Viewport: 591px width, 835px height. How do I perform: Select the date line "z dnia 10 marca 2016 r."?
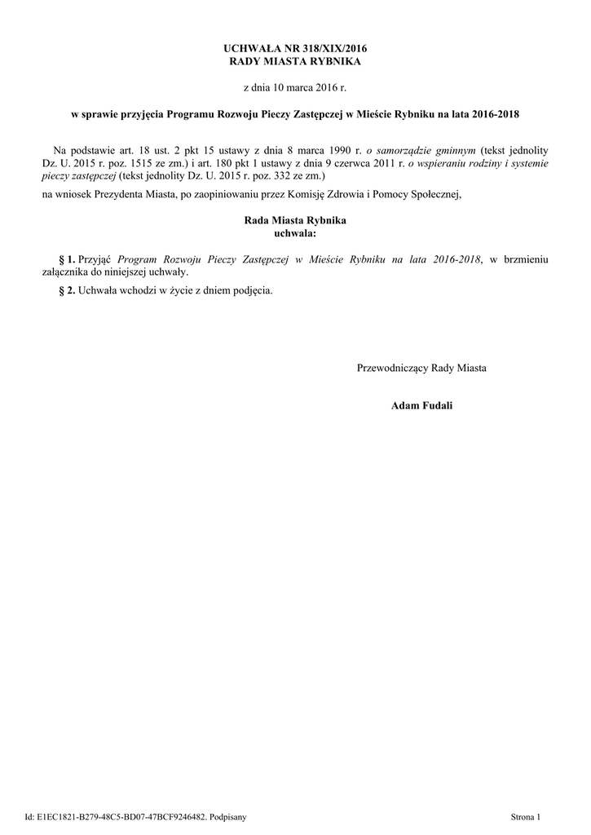click(295, 86)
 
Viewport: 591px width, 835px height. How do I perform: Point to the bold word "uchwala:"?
click(295, 233)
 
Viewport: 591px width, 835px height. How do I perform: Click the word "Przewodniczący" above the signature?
click(393, 368)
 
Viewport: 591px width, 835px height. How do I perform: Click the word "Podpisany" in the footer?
click(227, 816)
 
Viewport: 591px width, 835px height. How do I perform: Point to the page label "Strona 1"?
click(525, 816)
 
